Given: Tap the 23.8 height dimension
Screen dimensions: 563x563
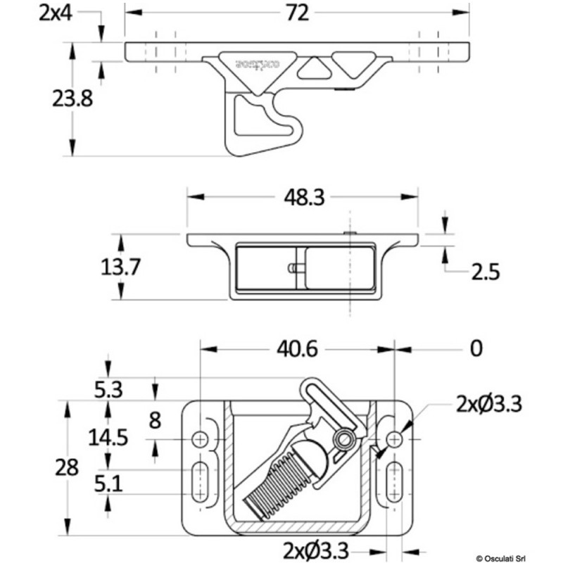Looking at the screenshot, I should (x=72, y=99).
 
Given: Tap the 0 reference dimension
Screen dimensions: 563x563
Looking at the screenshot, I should (x=476, y=348).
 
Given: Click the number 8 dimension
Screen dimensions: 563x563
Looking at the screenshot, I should (x=156, y=420).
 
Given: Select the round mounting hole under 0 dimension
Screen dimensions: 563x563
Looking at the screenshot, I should (x=395, y=438).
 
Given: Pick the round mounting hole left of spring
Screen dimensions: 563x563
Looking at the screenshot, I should (x=201, y=438).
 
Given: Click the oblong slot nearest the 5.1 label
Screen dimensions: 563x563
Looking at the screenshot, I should (x=201, y=482).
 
